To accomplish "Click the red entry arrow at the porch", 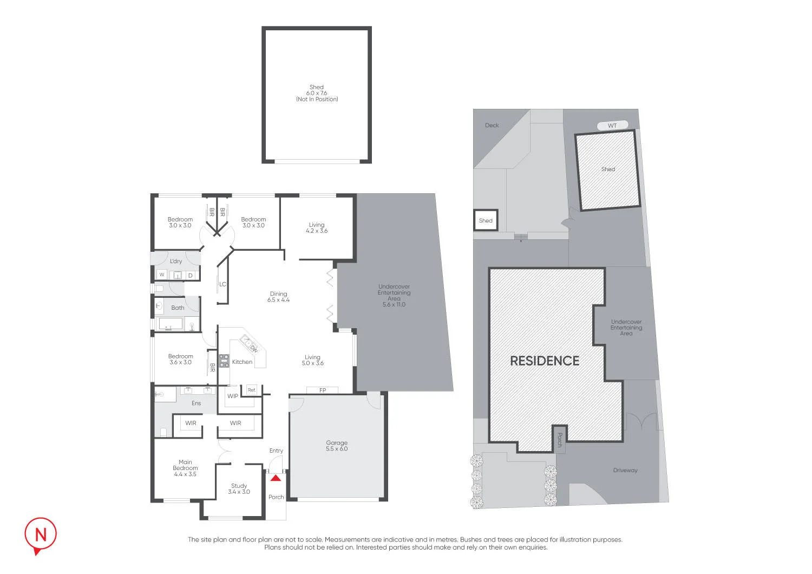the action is [276, 478].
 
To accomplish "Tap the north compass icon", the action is [40, 536].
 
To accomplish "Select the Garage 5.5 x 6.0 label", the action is [337, 446].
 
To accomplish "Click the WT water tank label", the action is [612, 126].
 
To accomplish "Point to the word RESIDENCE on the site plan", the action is [545, 361].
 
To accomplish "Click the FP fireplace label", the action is [323, 390].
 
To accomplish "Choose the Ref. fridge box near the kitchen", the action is [252, 390].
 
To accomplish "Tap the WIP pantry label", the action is [233, 396].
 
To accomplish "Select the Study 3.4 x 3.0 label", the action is [239, 488].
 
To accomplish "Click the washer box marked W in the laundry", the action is [162, 275].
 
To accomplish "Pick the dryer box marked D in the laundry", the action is [191, 276].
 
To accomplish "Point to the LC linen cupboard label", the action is [222, 284].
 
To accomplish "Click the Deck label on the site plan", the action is [492, 125].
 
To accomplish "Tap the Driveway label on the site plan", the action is [625, 470].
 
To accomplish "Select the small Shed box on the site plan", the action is [486, 220].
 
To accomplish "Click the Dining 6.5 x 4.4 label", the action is [278, 297].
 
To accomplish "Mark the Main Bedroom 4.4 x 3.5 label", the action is [185, 468].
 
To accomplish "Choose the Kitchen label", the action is [242, 362].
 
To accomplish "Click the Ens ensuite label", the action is [196, 403].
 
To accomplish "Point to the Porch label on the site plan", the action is [560, 440].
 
